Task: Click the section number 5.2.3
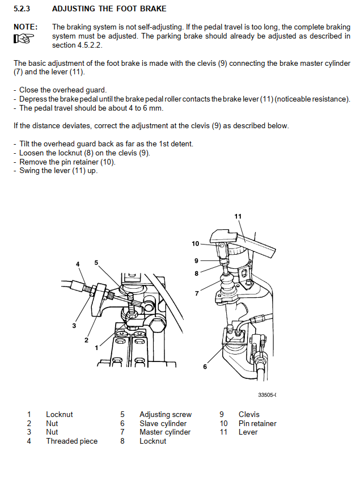click(22, 9)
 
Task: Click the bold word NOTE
click(26, 27)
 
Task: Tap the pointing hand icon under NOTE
click(23, 38)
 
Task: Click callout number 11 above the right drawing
click(238, 216)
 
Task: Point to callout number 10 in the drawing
click(196, 243)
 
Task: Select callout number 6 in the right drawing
click(205, 367)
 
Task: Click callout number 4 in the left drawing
click(78, 264)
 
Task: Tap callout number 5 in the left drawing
click(96, 262)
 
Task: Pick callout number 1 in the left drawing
click(97, 347)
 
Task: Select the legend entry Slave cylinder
click(163, 423)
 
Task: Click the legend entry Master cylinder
click(165, 432)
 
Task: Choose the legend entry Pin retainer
click(257, 423)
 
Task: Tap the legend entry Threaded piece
click(71, 441)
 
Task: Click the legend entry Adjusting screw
click(166, 415)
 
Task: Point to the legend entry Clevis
click(249, 415)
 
